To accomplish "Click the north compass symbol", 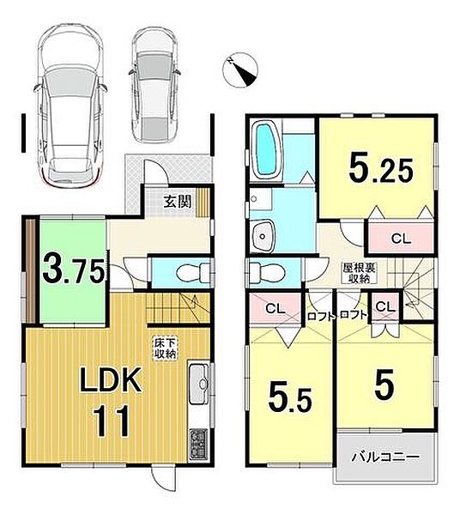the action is pos(240,70).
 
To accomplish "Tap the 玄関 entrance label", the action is pos(178,202).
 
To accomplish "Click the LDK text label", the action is pos(111,379).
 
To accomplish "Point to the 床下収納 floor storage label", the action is pos(166,348).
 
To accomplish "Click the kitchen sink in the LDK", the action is pos(199,384).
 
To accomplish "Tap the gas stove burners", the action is pos(198,444).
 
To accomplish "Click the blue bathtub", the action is pos(267,149).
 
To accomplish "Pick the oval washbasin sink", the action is pos(263,235).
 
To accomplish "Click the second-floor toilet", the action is pos(266,272).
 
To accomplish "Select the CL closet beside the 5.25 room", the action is pos(401,239).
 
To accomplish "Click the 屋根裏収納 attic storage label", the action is pos(360,273).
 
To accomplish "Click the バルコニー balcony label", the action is pos(386,457).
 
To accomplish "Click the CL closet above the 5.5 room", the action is pos(275,308).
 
